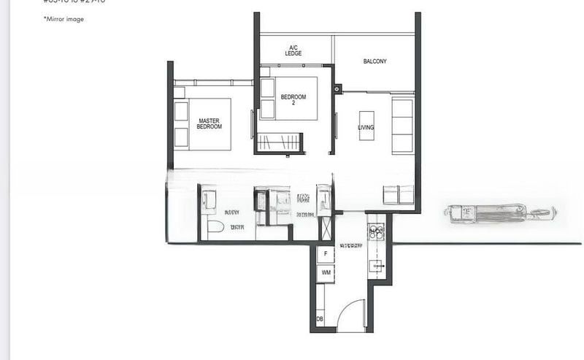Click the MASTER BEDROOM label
(x=209, y=123)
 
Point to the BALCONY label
(x=374, y=61)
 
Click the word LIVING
(x=365, y=128)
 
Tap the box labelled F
(x=326, y=254)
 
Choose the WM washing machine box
(x=326, y=272)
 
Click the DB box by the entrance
(x=320, y=319)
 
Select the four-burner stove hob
(x=376, y=234)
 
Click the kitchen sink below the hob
(x=377, y=266)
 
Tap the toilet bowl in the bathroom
(x=214, y=228)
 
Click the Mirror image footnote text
(x=64, y=19)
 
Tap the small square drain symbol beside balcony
(x=338, y=89)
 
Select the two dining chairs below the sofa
(x=399, y=194)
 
